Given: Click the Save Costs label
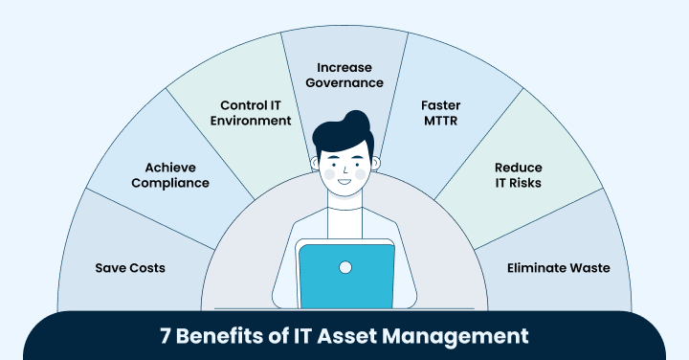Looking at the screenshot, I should [x=130, y=268].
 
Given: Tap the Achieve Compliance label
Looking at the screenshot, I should [x=170, y=174].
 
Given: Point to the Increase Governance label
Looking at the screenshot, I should [x=344, y=75].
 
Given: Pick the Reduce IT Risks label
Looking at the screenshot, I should [x=519, y=174].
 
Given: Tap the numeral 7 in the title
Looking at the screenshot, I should [x=166, y=337].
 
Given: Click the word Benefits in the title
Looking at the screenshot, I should [x=217, y=337].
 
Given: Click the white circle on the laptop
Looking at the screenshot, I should [x=345, y=267].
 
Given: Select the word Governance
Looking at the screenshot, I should [x=344, y=83].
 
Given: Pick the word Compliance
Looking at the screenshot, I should [x=170, y=183].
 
